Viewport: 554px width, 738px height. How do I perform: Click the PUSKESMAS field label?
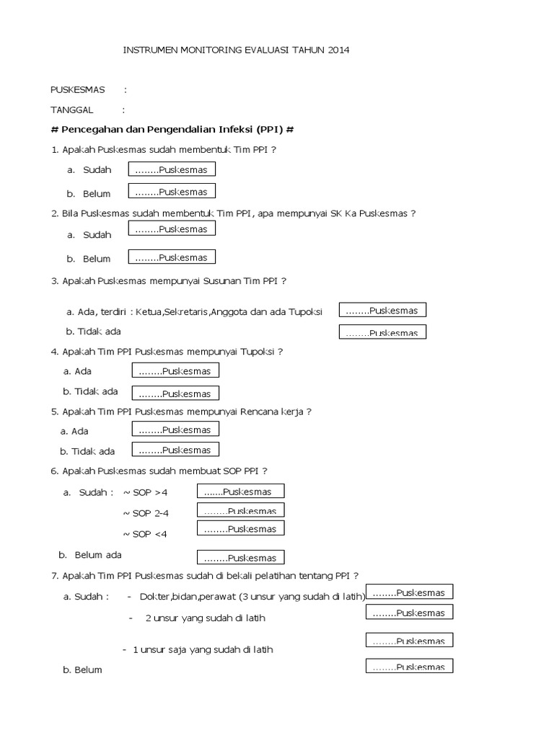tap(77, 90)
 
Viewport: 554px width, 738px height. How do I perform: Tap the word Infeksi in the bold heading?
tap(229, 130)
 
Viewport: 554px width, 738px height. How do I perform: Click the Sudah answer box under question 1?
tap(172, 169)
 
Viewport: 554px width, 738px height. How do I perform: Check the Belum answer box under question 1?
tap(172, 192)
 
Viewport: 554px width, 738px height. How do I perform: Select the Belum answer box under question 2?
tap(172, 257)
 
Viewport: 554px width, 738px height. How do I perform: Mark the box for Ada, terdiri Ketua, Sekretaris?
tap(382, 311)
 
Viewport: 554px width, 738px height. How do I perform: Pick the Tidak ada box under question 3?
tap(382, 332)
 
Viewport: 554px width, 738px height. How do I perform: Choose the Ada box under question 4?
tap(175, 370)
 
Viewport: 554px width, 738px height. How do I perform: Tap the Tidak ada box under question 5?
tap(175, 450)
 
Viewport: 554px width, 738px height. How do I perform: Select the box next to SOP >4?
tap(241, 492)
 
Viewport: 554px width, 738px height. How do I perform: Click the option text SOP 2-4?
tap(150, 514)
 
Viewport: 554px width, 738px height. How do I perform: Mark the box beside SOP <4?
tap(241, 529)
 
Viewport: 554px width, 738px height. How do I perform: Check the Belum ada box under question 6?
tap(241, 557)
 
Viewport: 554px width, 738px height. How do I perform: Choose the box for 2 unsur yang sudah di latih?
tap(409, 613)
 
